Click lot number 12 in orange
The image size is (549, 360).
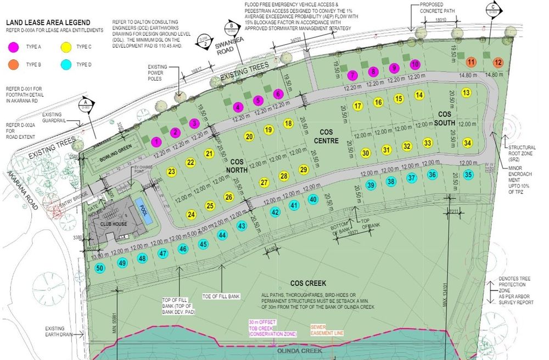pos(498,61)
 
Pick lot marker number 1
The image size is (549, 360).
pos(156,142)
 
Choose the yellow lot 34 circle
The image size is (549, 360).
pos(467,143)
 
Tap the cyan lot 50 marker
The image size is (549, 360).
pos(99,268)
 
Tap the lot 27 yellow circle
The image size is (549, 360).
pos(264,182)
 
